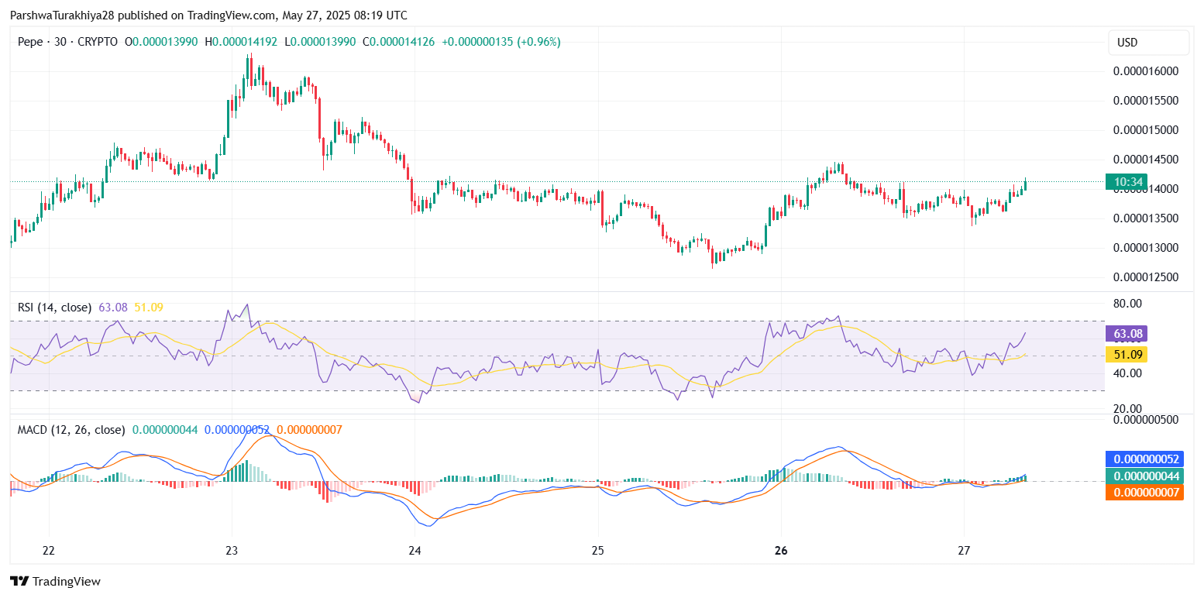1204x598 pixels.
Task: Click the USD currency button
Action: [1148, 43]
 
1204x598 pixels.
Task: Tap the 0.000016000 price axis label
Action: [1146, 71]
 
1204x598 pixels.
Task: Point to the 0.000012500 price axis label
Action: [1146, 277]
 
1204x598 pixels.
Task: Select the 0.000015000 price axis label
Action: [1146, 130]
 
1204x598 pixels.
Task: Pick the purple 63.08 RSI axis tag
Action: [1126, 334]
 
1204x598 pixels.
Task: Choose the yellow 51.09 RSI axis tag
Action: [1126, 355]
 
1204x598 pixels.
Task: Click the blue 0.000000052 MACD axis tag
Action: [1144, 459]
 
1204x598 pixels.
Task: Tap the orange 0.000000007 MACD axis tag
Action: [1144, 492]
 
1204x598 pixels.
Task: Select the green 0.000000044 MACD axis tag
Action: [1144, 476]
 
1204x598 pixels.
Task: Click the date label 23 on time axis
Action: [232, 551]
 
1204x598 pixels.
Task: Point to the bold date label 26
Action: [781, 551]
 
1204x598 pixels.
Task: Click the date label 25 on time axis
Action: [597, 551]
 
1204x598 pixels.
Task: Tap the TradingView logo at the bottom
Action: [55, 582]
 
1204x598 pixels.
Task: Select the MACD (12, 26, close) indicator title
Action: [71, 429]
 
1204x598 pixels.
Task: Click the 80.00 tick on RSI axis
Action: [1127, 303]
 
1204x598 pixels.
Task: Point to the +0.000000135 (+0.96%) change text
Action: [501, 41]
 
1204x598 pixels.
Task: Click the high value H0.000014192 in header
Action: [242, 41]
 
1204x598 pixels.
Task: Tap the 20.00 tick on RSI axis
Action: [1127, 408]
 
